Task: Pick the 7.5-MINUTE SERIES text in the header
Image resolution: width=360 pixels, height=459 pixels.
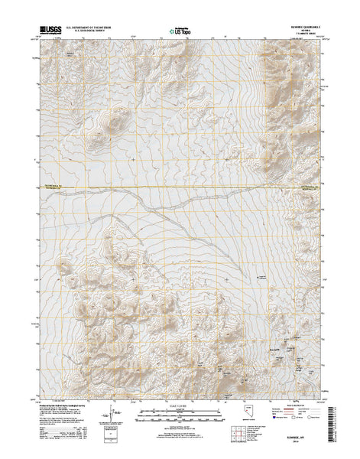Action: pyautogui.click(x=299, y=37)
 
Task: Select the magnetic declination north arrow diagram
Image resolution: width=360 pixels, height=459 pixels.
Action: pyautogui.click(x=117, y=418)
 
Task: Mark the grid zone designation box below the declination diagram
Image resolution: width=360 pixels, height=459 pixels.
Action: pyautogui.click(x=115, y=439)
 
